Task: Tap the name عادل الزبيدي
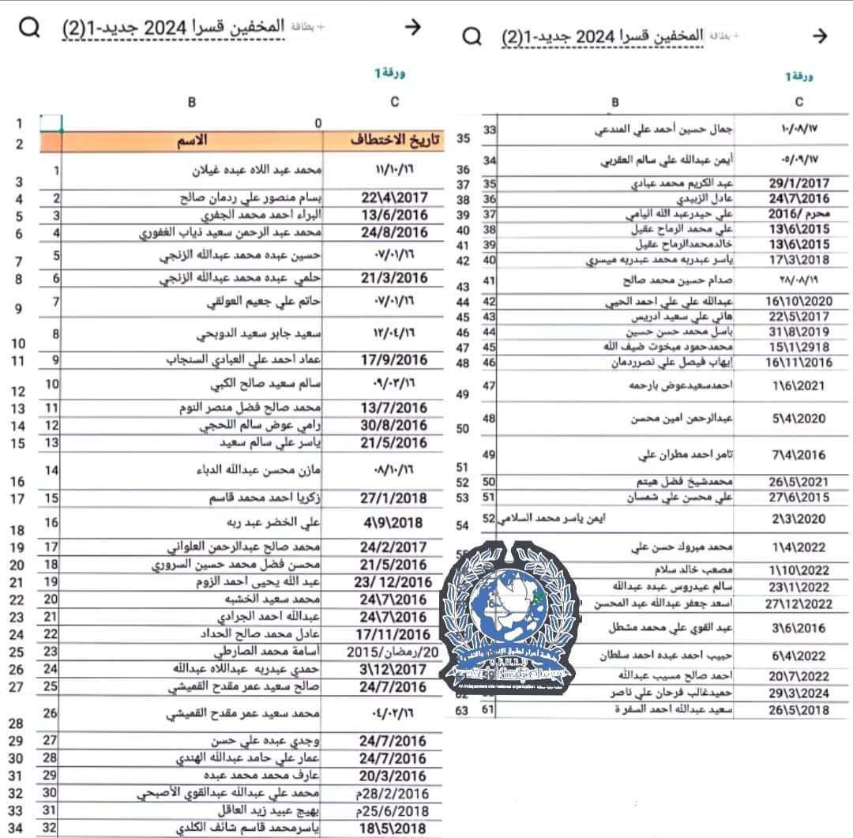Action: pos(707,199)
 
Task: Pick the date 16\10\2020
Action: pos(799,301)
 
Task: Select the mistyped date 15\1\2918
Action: pos(799,347)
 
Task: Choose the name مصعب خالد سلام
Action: pos(695,569)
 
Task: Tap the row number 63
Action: pos(463,709)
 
